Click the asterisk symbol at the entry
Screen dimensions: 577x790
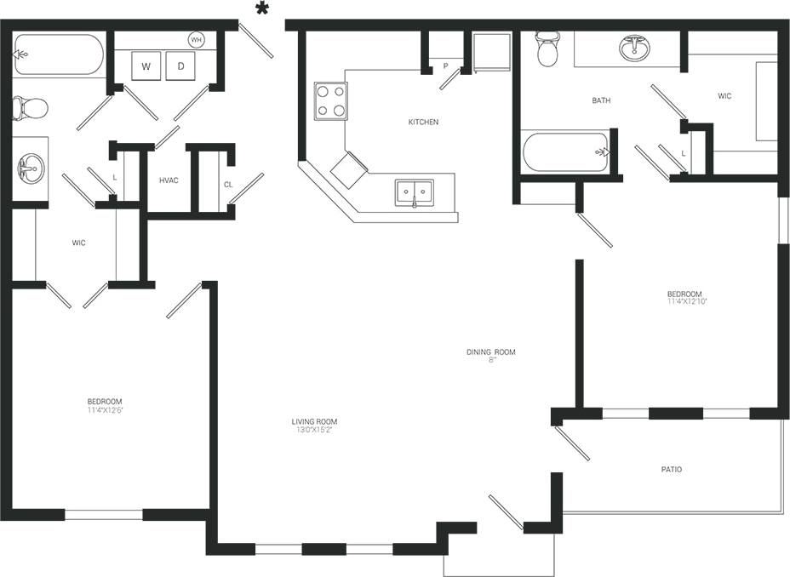click(x=263, y=9)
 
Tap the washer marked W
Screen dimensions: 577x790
click(x=146, y=66)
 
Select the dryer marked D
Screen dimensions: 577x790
click(x=180, y=66)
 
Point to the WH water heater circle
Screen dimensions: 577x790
click(x=197, y=40)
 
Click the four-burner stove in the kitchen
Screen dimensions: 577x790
click(x=330, y=100)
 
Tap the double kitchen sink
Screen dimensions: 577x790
click(x=414, y=193)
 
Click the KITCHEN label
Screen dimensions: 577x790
click(x=423, y=123)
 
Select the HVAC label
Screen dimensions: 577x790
click(x=168, y=180)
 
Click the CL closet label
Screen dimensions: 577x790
click(x=228, y=184)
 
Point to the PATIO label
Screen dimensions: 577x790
click(x=671, y=470)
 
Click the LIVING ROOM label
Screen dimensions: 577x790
click(x=315, y=421)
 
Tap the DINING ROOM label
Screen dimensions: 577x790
click(x=490, y=352)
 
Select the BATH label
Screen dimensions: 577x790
click(x=601, y=100)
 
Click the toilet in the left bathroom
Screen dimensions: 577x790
click(x=30, y=108)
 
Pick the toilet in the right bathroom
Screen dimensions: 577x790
click(x=546, y=50)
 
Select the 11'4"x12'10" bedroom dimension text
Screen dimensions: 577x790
click(x=687, y=301)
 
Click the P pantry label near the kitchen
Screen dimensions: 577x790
click(x=444, y=66)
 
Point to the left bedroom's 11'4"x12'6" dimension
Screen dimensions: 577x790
click(x=104, y=409)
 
